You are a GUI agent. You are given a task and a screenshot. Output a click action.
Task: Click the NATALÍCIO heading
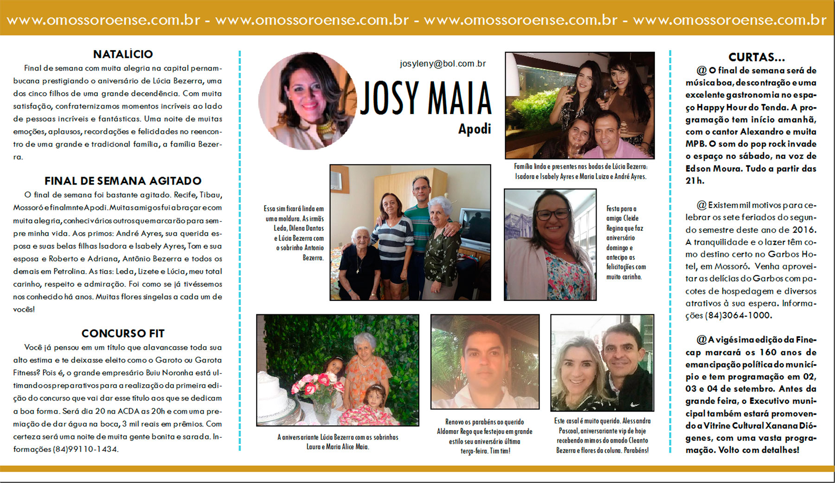[122, 54]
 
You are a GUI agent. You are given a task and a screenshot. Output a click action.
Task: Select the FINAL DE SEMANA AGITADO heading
[122, 181]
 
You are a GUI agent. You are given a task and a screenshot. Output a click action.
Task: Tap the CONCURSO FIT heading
[122, 333]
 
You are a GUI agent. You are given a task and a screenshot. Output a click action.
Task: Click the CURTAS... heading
[756, 57]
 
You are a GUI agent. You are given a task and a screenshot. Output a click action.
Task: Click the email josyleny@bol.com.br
[443, 64]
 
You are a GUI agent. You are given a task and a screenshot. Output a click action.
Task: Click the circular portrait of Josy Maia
[307, 101]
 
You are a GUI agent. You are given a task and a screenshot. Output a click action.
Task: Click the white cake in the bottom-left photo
[274, 396]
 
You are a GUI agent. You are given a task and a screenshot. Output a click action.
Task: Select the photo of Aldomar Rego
[485, 362]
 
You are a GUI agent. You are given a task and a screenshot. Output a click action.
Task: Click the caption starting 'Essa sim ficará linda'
[294, 233]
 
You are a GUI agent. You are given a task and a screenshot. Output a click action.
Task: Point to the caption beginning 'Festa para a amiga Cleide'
[625, 242]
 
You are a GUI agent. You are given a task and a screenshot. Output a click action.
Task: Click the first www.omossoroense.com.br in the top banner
[103, 20]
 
